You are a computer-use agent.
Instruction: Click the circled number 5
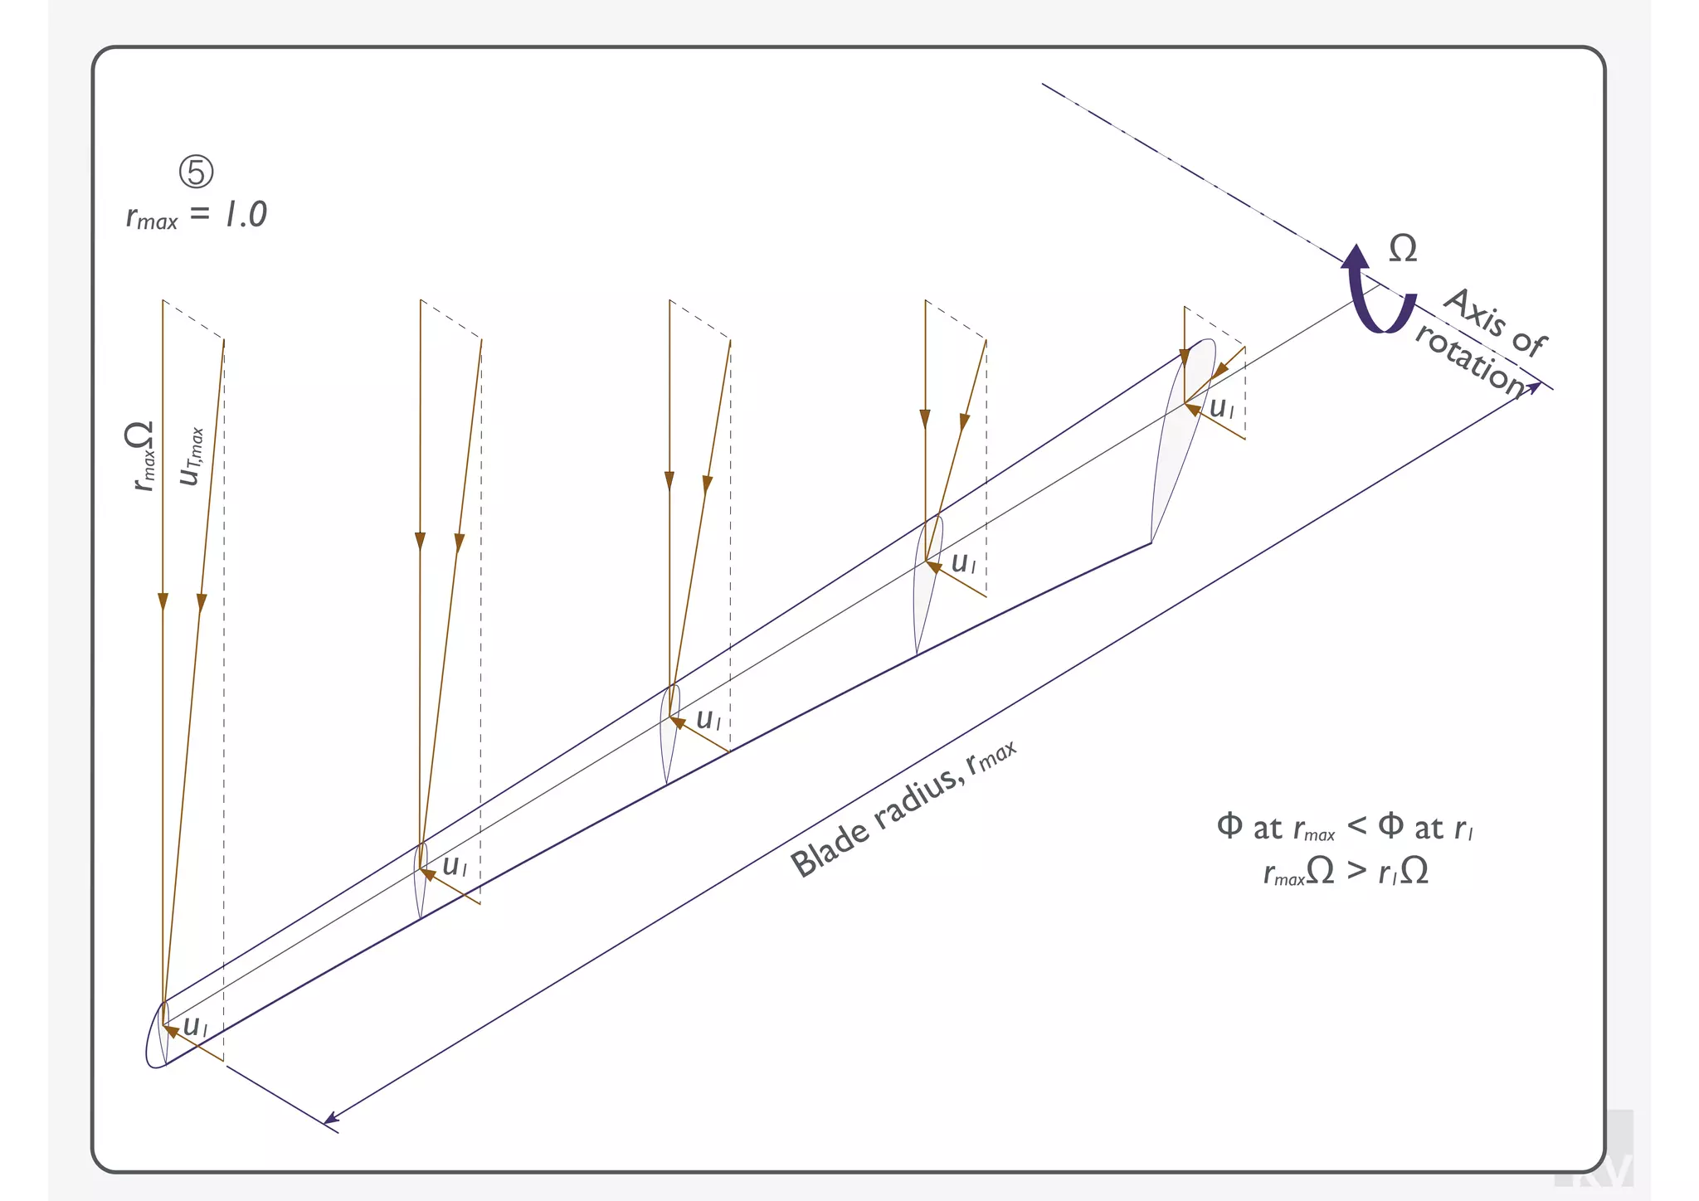[197, 172]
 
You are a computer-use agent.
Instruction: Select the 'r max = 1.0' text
[197, 215]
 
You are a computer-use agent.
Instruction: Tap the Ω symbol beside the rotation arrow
[1403, 249]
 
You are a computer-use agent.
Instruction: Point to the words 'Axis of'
[1495, 322]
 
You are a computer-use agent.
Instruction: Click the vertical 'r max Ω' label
[141, 455]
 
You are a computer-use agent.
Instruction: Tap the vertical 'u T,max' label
[192, 457]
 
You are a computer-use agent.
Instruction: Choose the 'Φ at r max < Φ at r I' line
[1345, 827]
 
